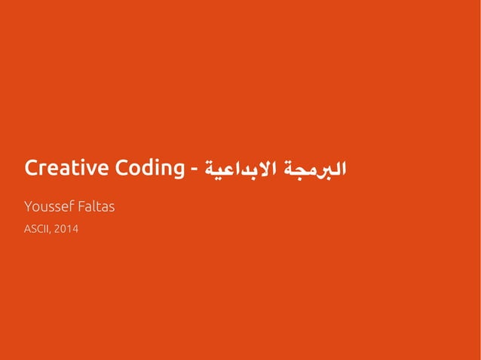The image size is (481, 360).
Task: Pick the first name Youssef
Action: click(x=50, y=206)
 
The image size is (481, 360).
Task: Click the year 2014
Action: click(x=66, y=229)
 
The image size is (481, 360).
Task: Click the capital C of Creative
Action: click(x=31, y=168)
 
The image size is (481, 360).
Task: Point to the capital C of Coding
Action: click(x=121, y=168)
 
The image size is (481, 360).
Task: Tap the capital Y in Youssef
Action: click(x=28, y=206)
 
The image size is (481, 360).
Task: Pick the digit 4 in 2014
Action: click(x=75, y=229)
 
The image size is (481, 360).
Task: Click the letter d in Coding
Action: click(x=146, y=168)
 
